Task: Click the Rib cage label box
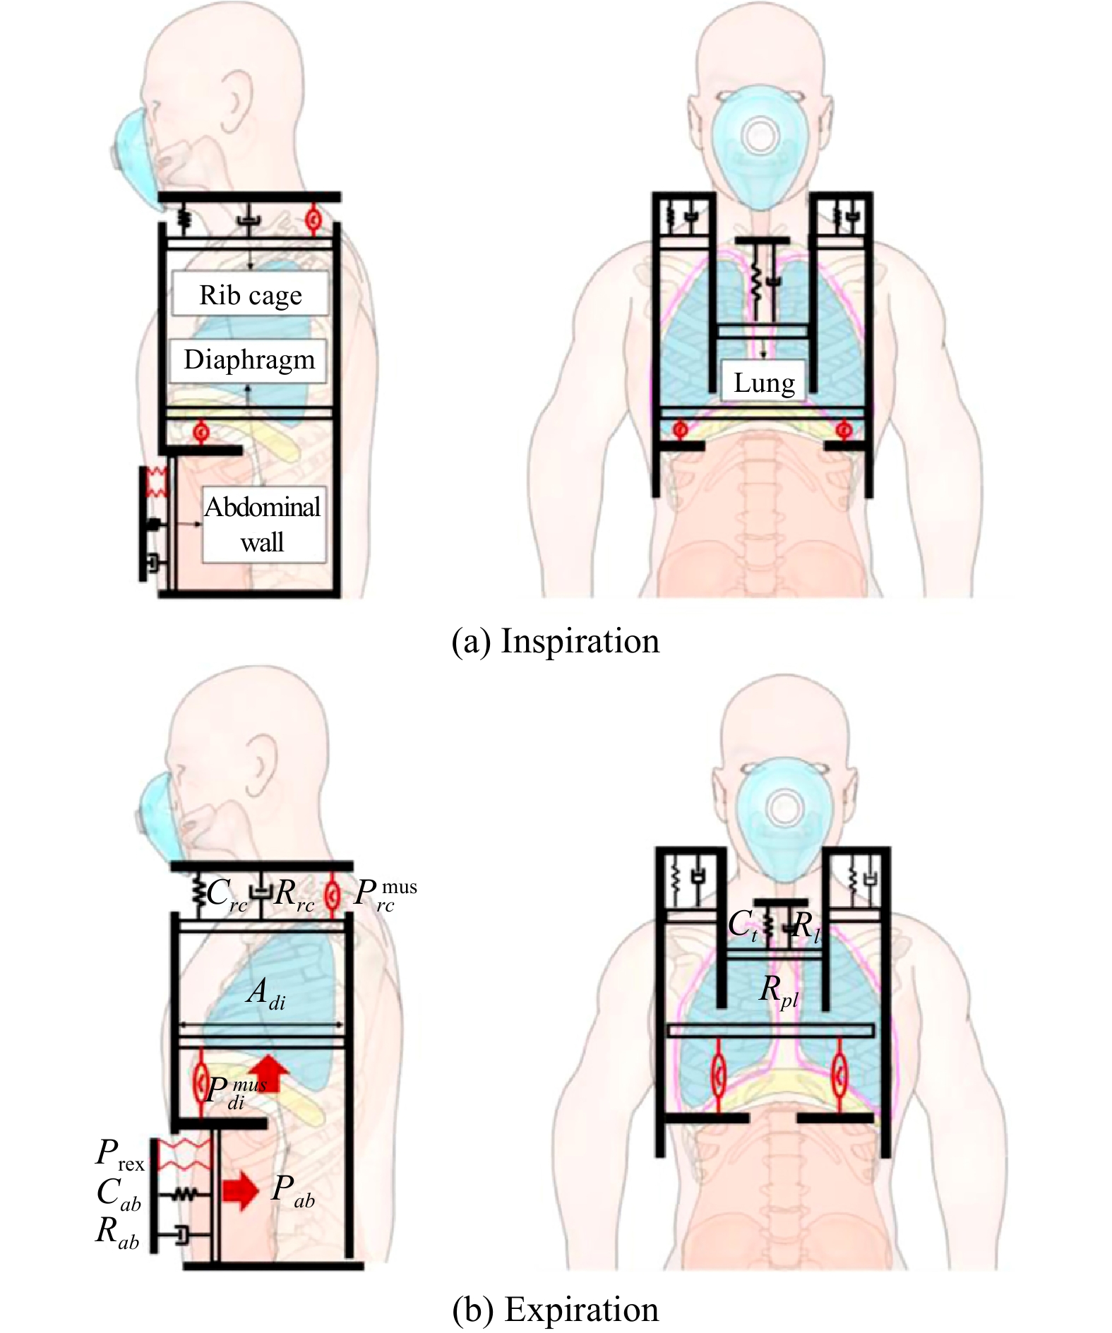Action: point(250,294)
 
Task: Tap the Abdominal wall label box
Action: point(263,525)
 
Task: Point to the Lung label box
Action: point(764,383)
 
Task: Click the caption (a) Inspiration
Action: point(555,641)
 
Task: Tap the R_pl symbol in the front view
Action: point(779,991)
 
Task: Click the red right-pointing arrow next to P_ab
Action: point(241,1191)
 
